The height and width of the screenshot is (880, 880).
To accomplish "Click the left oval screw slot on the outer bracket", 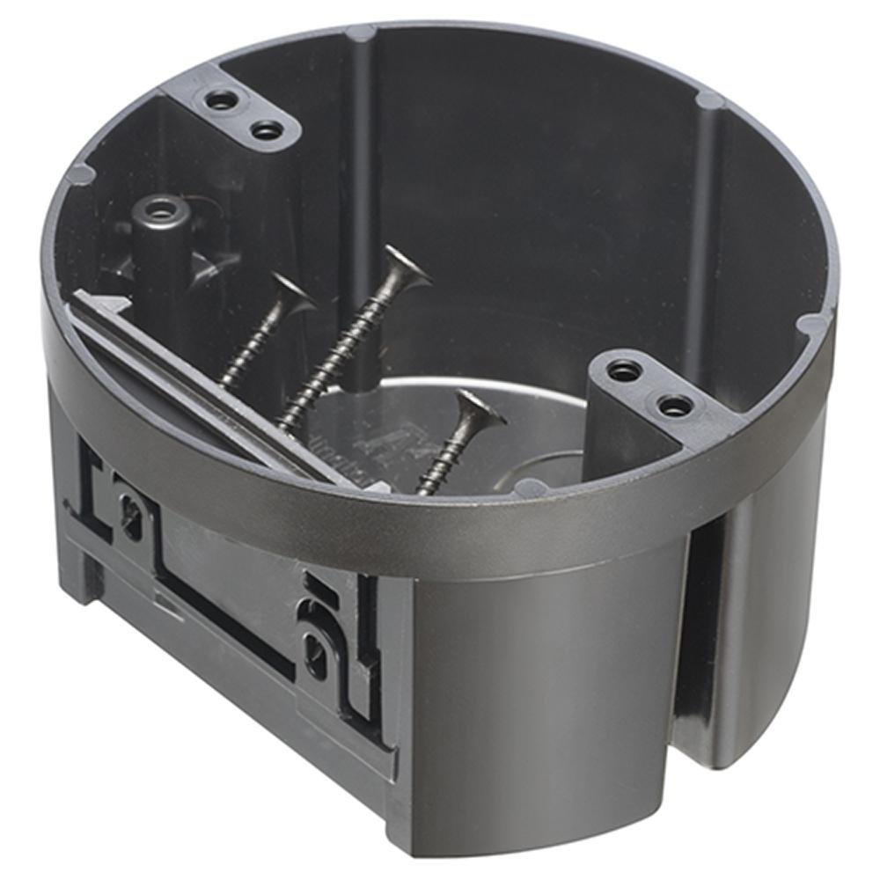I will coord(131,513).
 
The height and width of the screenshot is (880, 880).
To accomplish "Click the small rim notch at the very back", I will coord(360,33).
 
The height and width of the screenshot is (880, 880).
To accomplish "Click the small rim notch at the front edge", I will coord(529,487).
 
